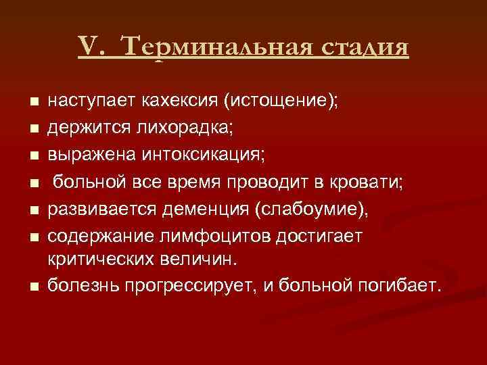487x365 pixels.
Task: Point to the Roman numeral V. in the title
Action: (x=91, y=48)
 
